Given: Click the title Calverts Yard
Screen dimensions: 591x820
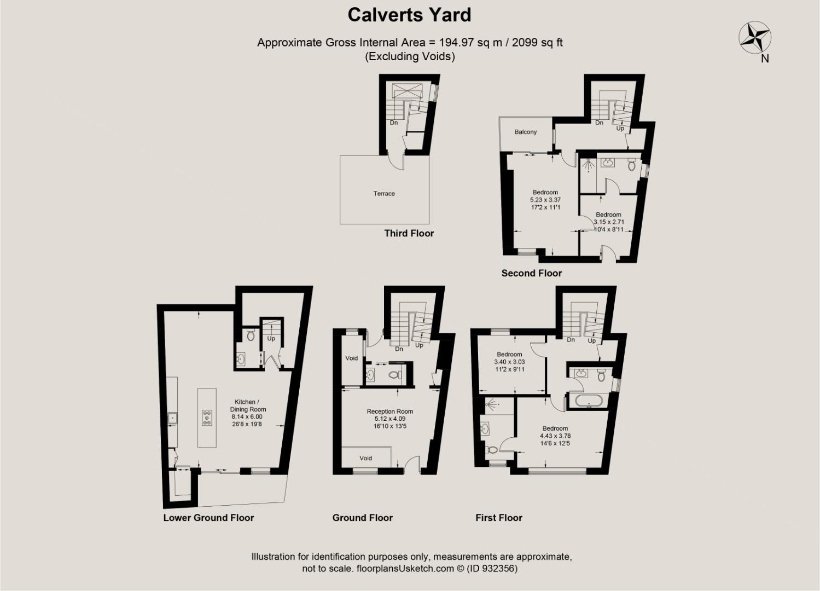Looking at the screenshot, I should [x=409, y=15].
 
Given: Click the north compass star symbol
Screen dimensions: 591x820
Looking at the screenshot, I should [x=755, y=38].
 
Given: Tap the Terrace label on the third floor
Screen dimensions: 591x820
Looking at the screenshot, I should [x=384, y=194].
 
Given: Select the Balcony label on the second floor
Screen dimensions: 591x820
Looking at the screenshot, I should [x=525, y=132].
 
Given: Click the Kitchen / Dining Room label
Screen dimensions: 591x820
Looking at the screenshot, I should [x=248, y=405].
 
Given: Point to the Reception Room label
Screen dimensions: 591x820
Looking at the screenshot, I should [x=390, y=412].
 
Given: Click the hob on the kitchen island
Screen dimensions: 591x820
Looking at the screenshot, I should [x=207, y=418].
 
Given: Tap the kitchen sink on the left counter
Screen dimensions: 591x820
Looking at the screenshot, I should [x=172, y=418].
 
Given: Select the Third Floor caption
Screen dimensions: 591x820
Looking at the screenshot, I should [x=409, y=234].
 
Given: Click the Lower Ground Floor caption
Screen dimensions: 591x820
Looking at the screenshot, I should [x=208, y=518].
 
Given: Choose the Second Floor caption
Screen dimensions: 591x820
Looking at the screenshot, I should [x=531, y=273].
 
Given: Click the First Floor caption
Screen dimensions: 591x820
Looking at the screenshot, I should [x=498, y=518].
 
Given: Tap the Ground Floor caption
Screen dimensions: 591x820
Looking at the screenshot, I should [x=362, y=518].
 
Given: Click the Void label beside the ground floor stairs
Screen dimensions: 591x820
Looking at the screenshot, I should [x=351, y=358].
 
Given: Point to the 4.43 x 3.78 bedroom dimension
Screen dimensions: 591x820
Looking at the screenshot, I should [x=555, y=436].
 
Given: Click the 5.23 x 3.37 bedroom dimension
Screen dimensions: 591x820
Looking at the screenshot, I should [x=545, y=200].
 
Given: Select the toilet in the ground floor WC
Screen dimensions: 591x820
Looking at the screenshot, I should [x=394, y=375].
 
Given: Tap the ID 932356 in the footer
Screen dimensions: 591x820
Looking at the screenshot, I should [x=492, y=569].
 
